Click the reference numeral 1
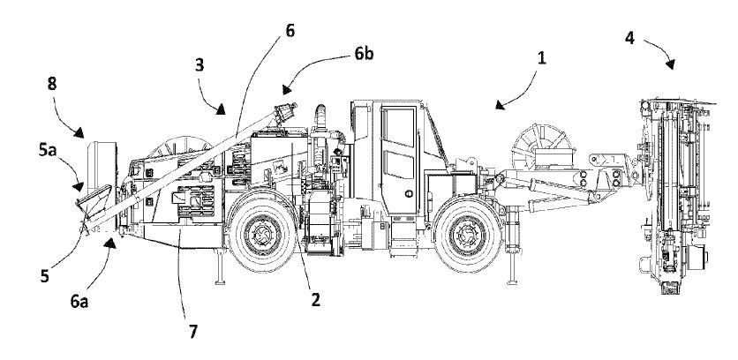(x=543, y=58)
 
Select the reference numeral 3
(x=200, y=66)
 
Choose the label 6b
(x=364, y=53)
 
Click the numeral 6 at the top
(x=290, y=31)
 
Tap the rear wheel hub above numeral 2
(x=261, y=232)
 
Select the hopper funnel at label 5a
(x=94, y=202)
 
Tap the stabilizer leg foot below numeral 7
(x=215, y=283)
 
